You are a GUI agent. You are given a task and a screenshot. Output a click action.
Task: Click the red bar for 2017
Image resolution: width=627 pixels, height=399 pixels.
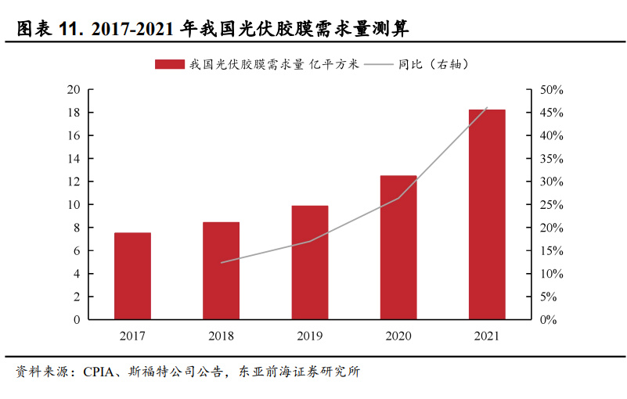click(132, 276)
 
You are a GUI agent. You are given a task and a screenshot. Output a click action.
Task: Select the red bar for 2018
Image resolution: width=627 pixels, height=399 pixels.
click(221, 271)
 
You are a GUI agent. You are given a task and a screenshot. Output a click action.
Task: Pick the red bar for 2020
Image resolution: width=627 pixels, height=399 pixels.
click(398, 247)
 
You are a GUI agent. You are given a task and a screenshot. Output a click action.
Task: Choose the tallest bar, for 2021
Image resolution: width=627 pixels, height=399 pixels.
click(487, 214)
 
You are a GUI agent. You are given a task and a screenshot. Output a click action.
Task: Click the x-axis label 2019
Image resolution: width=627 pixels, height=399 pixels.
click(309, 336)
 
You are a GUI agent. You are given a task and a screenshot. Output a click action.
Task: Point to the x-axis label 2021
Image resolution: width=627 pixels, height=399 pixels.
click(487, 336)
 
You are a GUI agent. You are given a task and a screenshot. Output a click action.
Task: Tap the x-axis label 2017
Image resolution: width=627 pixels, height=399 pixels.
click(132, 336)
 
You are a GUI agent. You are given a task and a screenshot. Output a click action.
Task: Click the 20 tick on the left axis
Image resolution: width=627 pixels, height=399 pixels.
click(74, 90)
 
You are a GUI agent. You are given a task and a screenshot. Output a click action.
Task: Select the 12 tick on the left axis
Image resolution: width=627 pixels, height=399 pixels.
click(74, 182)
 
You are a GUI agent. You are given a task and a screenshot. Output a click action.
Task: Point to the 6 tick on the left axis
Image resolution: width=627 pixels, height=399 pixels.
click(77, 251)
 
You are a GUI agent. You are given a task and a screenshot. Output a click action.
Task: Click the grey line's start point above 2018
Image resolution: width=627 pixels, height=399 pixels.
click(221, 262)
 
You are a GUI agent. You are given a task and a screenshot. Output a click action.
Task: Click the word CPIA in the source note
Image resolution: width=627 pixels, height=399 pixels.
click(99, 372)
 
